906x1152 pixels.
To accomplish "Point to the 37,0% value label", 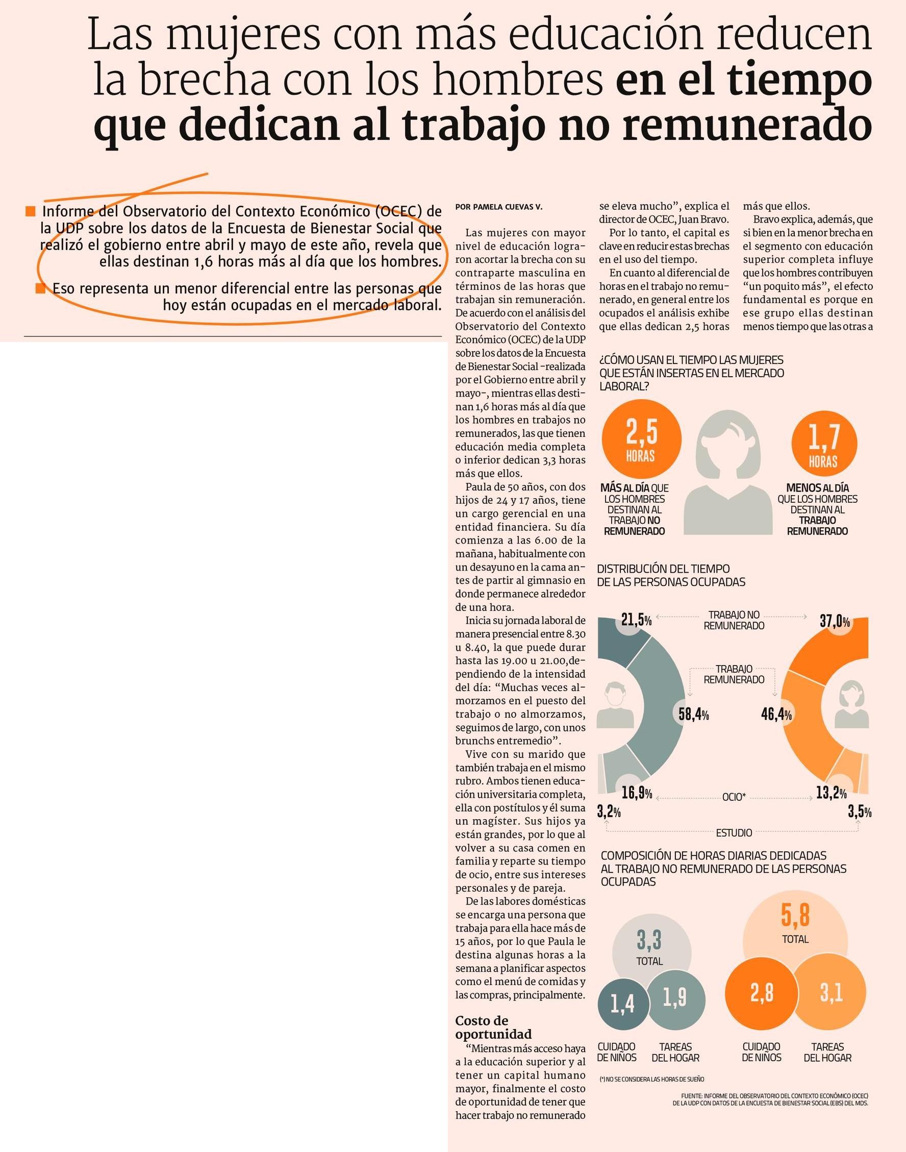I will coord(835,621).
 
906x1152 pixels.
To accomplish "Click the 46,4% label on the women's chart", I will coord(776,714).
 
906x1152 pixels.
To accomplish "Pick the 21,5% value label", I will coord(636,620).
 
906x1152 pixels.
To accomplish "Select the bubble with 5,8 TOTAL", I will coord(795,925).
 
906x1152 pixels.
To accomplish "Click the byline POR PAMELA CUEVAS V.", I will coord(498,207).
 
